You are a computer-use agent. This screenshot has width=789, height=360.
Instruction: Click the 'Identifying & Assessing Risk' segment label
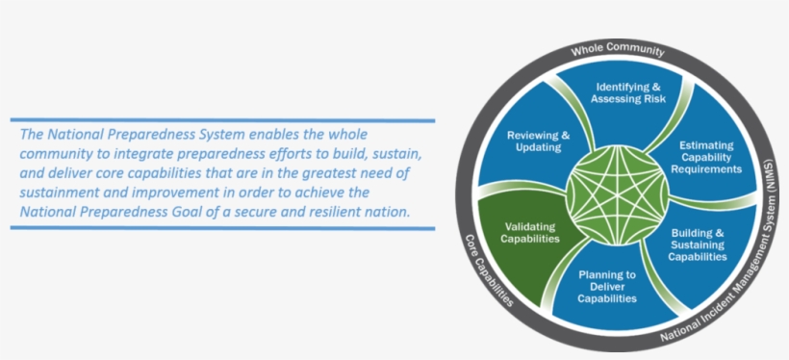(628, 92)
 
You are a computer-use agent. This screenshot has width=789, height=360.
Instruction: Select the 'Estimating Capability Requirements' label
(706, 157)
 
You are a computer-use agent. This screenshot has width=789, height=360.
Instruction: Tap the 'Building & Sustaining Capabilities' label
(698, 245)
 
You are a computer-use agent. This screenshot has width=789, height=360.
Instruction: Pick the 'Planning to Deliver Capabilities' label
(607, 287)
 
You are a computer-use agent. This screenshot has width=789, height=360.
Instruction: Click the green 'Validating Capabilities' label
(529, 233)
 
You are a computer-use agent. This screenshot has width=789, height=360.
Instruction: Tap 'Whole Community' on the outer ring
(618, 49)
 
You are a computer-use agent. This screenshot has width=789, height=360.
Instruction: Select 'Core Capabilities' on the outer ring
(489, 270)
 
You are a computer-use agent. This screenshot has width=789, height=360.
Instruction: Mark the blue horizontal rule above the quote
(222, 121)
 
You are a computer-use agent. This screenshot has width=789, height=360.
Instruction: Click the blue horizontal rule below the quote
(222, 228)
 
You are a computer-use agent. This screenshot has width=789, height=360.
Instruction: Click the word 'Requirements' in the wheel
(706, 168)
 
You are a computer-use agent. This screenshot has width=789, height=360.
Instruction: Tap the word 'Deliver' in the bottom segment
(607, 287)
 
